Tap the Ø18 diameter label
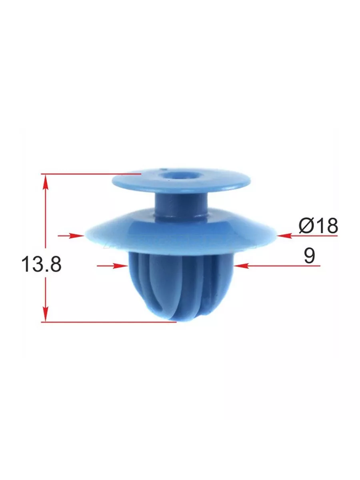click(x=318, y=226)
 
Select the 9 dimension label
click(x=309, y=256)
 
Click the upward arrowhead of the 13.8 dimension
click(x=46, y=183)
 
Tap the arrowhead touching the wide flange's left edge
click(x=77, y=236)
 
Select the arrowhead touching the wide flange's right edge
click(x=284, y=236)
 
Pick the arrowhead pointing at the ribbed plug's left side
click(x=120, y=266)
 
